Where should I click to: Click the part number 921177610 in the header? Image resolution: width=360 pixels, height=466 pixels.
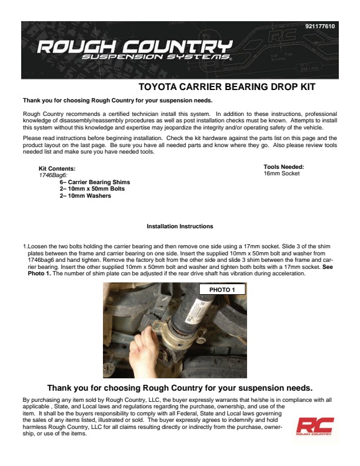pos(320,26)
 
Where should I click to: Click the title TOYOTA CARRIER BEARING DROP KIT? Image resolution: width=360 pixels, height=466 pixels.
pos(226,87)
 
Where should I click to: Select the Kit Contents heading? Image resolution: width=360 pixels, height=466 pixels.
pos(56,169)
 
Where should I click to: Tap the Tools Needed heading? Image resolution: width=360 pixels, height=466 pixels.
pos(284,167)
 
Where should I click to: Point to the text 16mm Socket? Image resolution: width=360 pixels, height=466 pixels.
pos(281,174)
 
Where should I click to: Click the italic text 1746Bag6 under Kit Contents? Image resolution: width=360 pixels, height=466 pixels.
pos(53,175)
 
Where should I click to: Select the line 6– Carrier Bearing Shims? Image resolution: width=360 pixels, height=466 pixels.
pos(95,182)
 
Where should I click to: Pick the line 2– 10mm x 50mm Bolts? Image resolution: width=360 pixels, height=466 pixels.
pos(92,189)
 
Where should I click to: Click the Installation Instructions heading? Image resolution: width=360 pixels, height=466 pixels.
pos(180,227)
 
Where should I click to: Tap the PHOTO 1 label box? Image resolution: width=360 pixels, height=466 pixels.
pos(222,289)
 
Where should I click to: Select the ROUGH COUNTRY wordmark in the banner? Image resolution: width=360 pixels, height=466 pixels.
pos(135,46)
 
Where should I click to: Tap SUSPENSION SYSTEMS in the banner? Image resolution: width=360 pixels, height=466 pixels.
pos(156,58)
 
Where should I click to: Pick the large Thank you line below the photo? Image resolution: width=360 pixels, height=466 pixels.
pos(179,388)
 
